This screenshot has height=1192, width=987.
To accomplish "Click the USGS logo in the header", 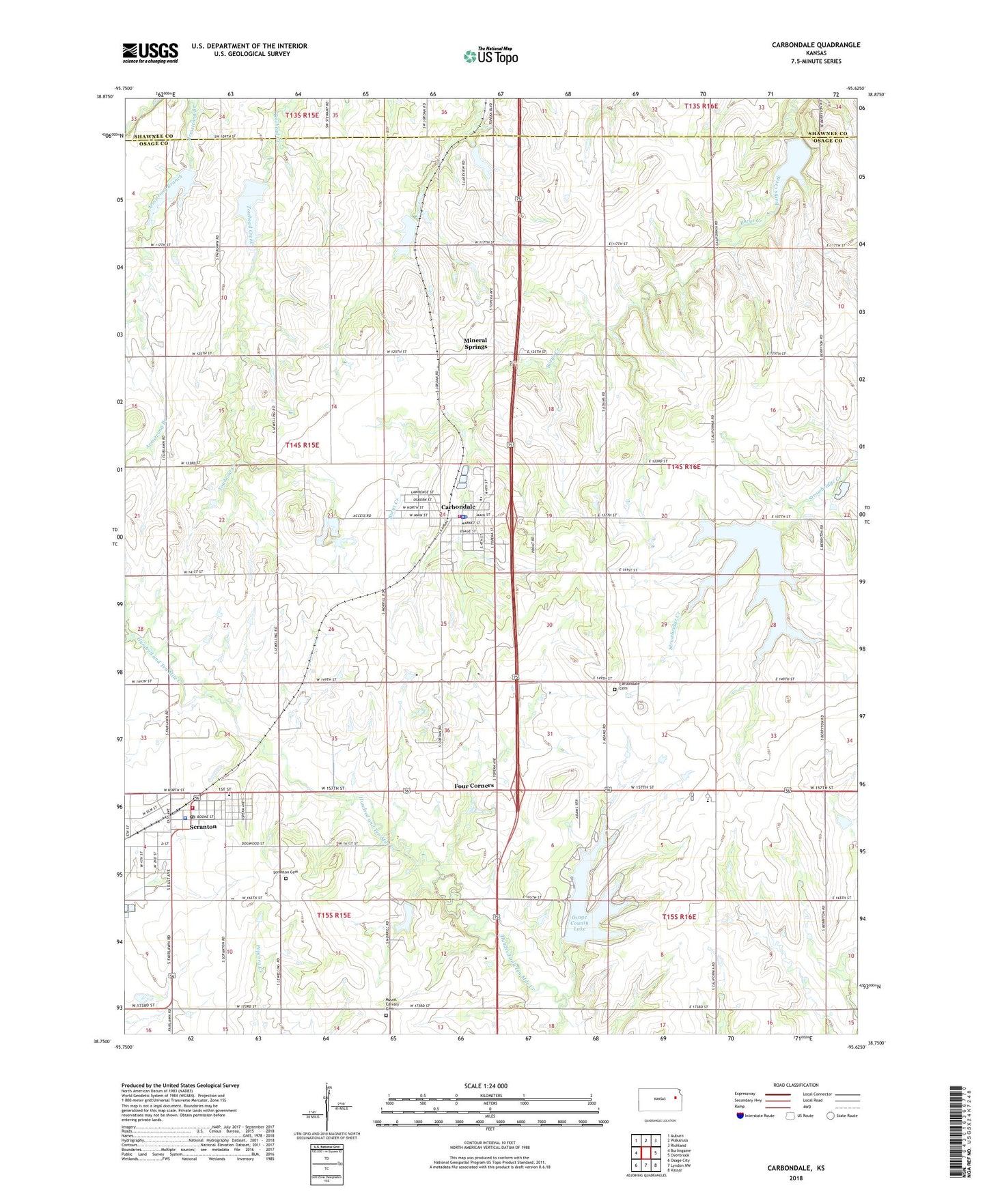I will tap(150, 53).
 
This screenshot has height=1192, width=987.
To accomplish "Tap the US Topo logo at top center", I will tap(490, 56).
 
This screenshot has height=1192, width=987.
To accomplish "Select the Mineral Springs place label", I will tap(475, 343).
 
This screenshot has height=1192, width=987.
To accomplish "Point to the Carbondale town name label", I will tap(458, 507).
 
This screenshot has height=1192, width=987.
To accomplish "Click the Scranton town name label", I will tap(203, 826).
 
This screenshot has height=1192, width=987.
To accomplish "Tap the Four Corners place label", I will tap(474, 786).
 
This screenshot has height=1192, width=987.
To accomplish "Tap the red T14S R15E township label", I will tap(301, 444).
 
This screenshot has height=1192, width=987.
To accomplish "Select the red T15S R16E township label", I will tap(679, 916).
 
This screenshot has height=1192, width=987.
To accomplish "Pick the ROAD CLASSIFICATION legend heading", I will tap(796, 1085).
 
